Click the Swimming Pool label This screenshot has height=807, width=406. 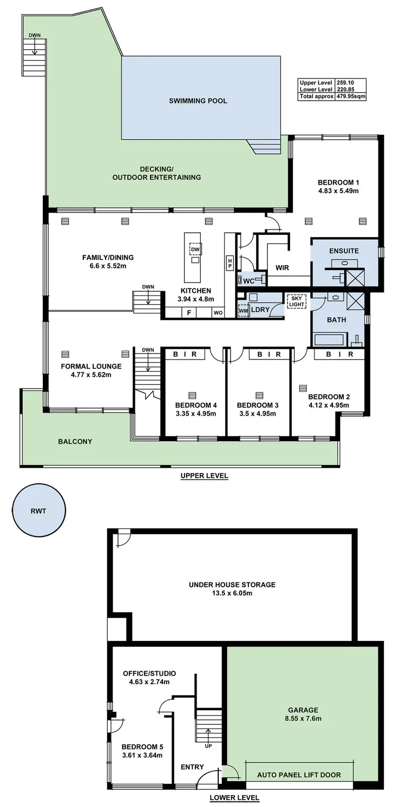198,101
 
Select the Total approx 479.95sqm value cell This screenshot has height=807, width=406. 351,96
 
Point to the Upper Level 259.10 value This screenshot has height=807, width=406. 350,82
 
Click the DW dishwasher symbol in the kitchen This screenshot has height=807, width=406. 195,249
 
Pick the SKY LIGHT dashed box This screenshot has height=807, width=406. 296,301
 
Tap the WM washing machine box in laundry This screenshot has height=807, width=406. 243,311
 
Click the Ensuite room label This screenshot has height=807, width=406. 344,251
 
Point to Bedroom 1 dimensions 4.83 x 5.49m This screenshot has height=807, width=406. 338,191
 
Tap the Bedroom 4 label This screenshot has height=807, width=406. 196,405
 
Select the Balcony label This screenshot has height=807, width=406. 75,442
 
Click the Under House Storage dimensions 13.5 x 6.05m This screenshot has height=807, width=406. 232,593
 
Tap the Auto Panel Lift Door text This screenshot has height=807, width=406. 299,775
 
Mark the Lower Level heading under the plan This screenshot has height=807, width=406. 234,797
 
